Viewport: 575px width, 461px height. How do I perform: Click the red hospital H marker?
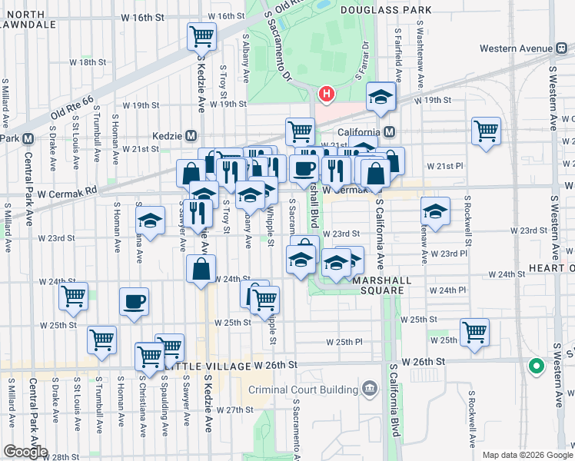coord(327,95)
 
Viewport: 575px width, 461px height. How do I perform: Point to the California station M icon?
coord(390,131)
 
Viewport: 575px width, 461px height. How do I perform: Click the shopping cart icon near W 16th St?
coord(201,35)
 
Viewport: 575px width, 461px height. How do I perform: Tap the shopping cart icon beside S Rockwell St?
coord(487,131)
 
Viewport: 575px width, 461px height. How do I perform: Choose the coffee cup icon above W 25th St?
coord(135,300)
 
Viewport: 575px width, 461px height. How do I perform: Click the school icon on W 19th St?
coord(380,95)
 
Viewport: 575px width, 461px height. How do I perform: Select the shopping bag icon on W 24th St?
coord(201,269)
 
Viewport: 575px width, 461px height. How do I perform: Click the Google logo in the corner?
coord(25,452)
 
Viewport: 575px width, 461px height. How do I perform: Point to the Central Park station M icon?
coord(28,138)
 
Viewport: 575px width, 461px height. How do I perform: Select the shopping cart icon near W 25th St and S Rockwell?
coord(475,332)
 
